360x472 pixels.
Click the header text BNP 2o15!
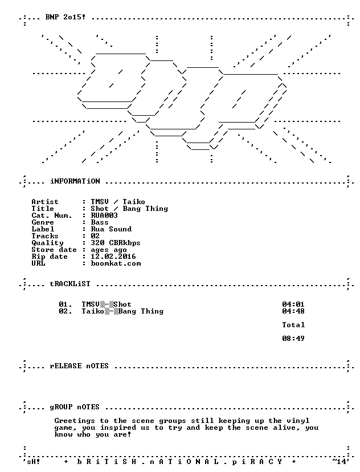66,17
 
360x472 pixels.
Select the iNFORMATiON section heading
75,181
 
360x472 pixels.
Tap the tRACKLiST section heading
70,284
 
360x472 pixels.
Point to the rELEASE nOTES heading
79,366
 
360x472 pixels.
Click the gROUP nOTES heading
75,407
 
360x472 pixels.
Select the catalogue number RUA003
104,215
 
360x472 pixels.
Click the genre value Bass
100,222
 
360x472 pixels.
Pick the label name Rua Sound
111,229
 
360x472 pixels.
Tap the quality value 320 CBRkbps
116,243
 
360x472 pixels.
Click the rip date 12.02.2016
113,257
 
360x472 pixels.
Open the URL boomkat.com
116,263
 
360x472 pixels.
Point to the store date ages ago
109,250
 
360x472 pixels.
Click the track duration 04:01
293,304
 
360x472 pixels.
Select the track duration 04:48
293,311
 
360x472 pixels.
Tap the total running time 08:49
293,339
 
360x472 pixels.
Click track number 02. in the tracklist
66,311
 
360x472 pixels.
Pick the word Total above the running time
293,325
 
